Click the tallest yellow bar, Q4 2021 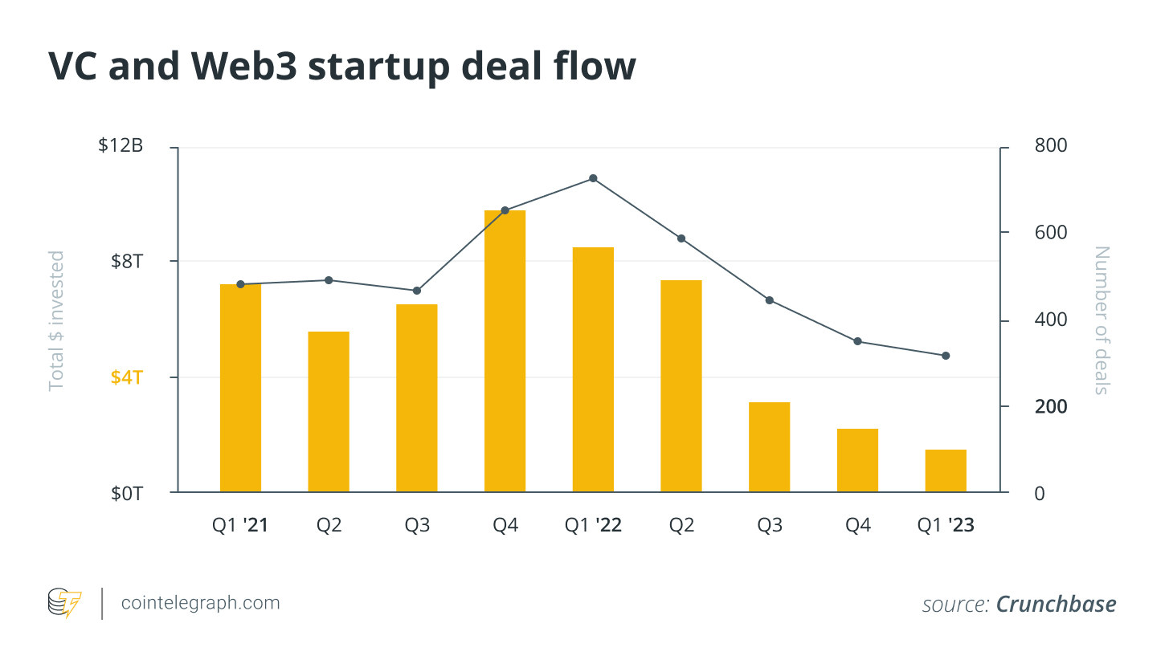click(505, 351)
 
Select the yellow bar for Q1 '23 click(946, 470)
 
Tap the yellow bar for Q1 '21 click(240, 388)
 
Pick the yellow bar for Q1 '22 click(593, 369)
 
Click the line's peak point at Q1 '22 click(593, 178)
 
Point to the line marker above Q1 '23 click(946, 356)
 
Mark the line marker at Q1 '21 click(240, 284)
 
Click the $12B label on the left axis click(121, 145)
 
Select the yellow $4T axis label click(126, 377)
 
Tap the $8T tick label click(126, 261)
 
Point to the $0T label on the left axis click(126, 493)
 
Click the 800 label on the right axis click(1051, 145)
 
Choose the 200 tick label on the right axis click(1051, 406)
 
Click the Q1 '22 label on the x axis click(593, 525)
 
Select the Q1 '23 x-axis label click(946, 525)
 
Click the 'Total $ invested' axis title click(56, 320)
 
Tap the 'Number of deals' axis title click(1102, 320)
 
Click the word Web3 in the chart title click(244, 66)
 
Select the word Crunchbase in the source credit click(1056, 604)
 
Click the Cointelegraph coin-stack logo click(64, 603)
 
